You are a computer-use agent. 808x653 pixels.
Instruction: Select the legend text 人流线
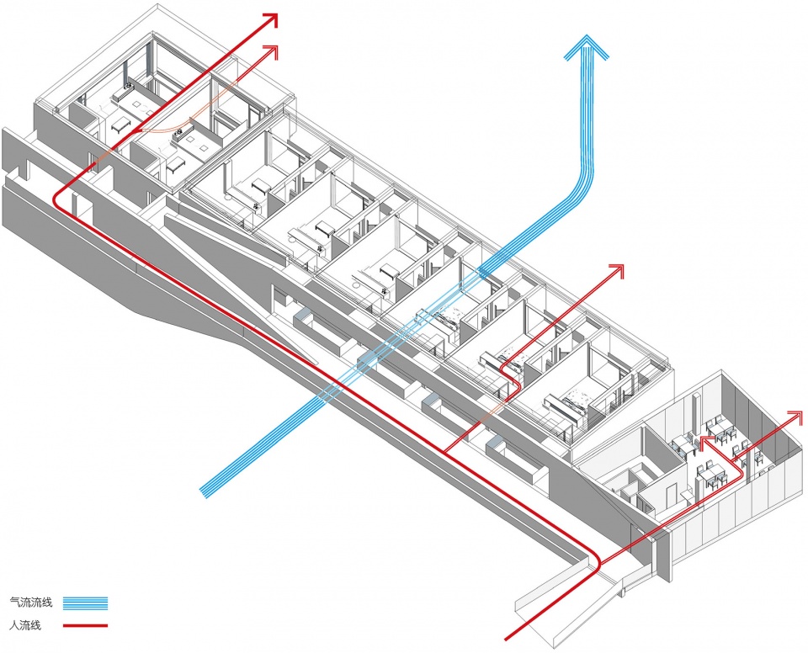[x=26, y=625]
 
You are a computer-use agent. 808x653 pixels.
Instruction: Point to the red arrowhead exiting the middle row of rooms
[x=619, y=271]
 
